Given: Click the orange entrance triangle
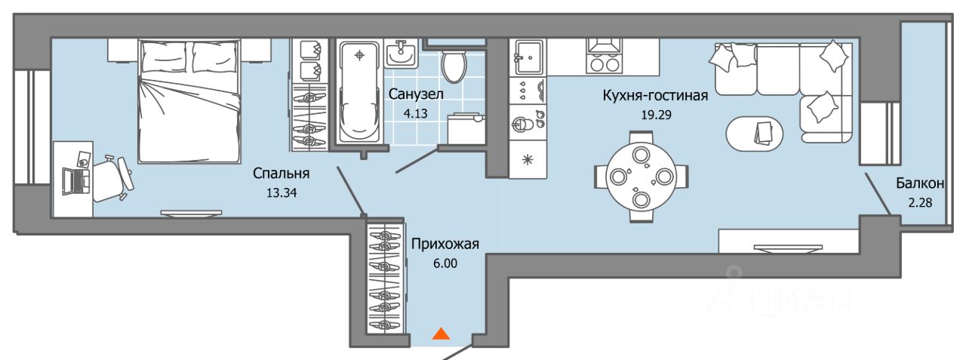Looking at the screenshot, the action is click(x=441, y=334).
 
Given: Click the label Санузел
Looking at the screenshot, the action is click(x=416, y=94).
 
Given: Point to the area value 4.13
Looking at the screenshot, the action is click(x=416, y=114).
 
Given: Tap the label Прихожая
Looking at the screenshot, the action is click(x=445, y=244).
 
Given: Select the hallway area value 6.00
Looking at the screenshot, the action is click(x=445, y=263).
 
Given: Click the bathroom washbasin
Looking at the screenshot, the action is click(x=401, y=54).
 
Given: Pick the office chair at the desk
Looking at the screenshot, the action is click(x=113, y=178).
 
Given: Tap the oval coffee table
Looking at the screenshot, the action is click(x=754, y=134).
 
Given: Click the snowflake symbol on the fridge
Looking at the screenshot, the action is click(x=528, y=159).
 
